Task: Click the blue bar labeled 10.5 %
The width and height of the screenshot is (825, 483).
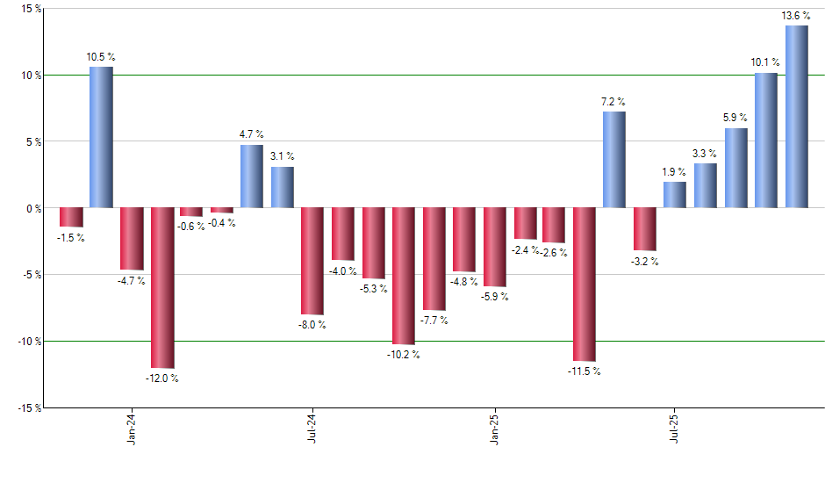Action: [x=101, y=137]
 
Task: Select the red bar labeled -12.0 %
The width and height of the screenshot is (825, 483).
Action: [x=161, y=288]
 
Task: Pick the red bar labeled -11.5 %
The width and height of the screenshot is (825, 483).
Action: [x=585, y=285]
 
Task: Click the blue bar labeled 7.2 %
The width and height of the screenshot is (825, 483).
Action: [x=614, y=160]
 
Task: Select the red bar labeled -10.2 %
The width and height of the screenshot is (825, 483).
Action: [x=403, y=276]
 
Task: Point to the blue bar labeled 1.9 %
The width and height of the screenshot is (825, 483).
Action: [x=675, y=195]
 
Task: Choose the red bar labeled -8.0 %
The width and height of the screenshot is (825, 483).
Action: [x=312, y=261]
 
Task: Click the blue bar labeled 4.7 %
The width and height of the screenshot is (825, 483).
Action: [x=252, y=177]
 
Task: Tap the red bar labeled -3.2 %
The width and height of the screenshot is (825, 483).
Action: [x=645, y=229]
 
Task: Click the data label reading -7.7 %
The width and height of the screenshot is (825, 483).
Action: [x=434, y=321]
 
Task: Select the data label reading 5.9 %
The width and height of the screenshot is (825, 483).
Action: [x=735, y=118]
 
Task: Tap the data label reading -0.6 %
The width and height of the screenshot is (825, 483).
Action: [x=191, y=226]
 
